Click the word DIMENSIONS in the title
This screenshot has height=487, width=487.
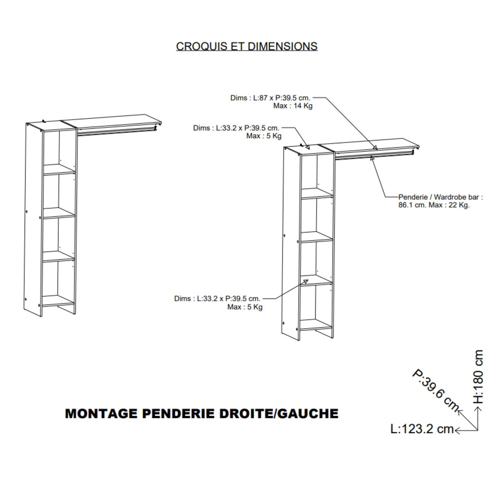282,47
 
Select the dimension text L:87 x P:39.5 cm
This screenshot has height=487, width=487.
282,98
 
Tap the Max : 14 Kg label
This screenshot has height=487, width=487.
293,106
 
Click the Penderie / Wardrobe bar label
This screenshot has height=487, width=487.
440,197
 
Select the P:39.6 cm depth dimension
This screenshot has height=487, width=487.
435,390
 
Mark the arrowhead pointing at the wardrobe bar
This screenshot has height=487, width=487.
372,158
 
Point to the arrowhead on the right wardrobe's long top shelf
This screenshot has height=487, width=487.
375,148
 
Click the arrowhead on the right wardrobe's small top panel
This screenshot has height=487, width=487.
307,147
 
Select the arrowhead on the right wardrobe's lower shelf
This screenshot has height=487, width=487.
306,281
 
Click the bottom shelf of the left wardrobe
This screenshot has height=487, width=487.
58,301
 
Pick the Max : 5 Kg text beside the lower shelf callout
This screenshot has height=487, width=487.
245,307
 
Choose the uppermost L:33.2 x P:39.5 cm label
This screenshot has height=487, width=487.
236,128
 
